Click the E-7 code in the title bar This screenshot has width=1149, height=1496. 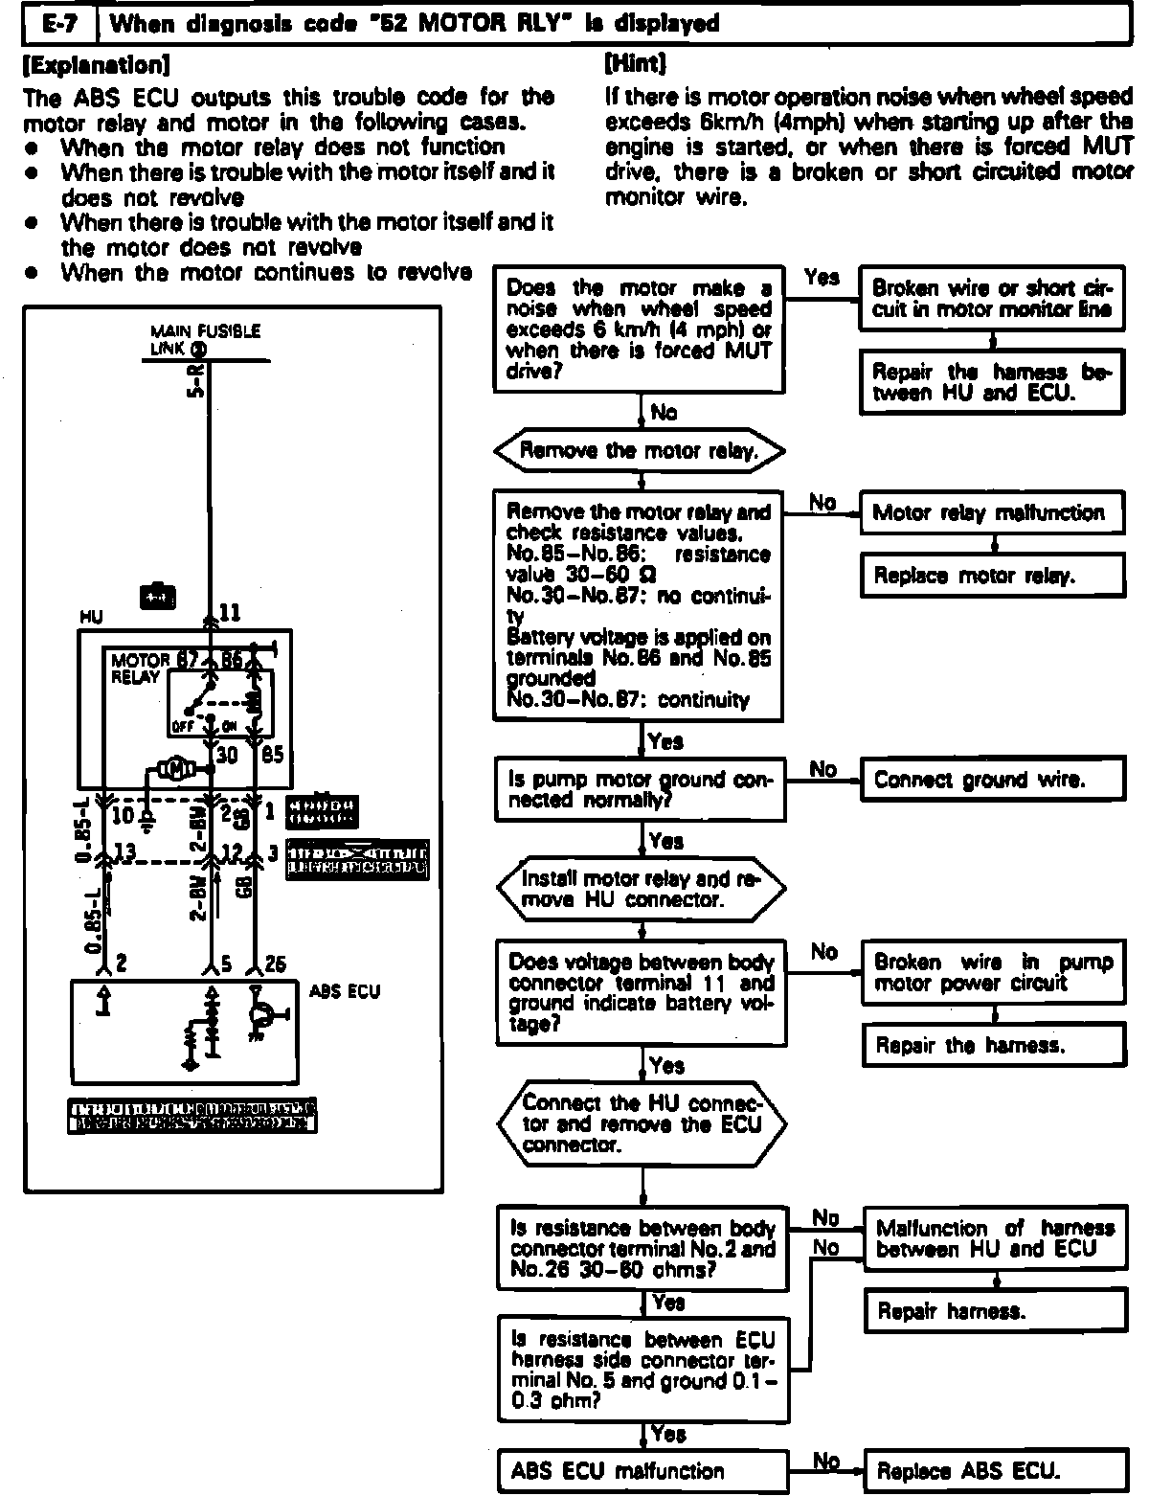point(59,23)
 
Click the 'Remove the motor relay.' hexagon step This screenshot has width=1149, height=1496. point(639,450)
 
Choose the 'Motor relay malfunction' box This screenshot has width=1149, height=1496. point(992,513)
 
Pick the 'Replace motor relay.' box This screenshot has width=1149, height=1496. point(992,576)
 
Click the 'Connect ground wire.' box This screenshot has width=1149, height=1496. point(992,780)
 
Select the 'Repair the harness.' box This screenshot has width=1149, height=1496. point(992,1045)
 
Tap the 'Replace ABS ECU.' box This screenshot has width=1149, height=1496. point(992,1471)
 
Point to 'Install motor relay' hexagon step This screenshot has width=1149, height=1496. point(640,889)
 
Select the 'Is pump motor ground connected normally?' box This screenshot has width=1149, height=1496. point(640,789)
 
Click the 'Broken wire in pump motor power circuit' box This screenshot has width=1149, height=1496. point(992,972)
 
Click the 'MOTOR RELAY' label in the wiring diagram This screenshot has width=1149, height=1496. point(138,669)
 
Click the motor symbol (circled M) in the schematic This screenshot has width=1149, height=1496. point(175,768)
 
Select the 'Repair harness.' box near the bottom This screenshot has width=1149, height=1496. point(992,1311)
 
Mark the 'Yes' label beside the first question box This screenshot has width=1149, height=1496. point(822,278)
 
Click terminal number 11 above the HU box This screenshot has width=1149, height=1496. point(231,612)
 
